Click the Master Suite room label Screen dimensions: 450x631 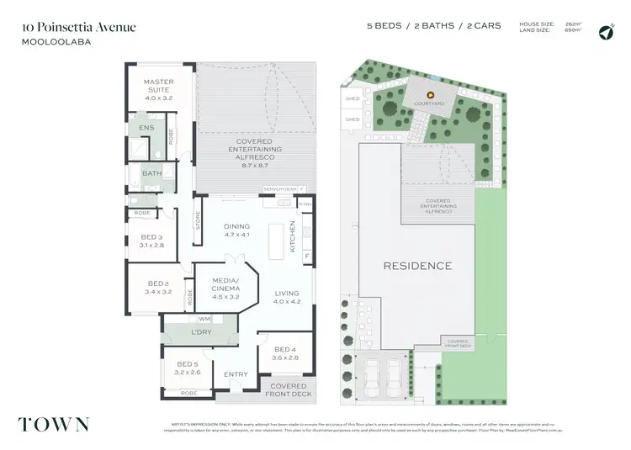point(157,87)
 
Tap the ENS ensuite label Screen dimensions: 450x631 point(146,128)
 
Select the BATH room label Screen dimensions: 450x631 point(151,174)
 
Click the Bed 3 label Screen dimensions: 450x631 point(153,241)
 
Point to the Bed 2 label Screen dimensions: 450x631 point(158,288)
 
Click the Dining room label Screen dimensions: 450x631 point(237,230)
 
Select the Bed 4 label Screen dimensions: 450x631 point(285,352)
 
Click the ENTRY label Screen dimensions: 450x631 point(236,375)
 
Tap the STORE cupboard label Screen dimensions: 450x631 point(199,224)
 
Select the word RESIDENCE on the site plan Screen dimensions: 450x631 point(417,266)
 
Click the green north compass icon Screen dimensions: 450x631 point(605,32)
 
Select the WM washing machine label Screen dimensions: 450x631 point(204,320)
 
